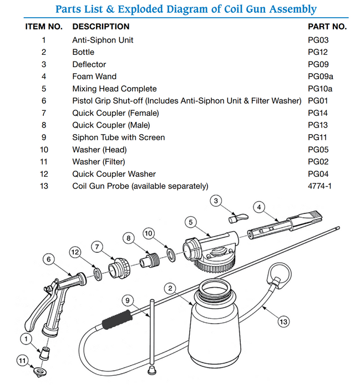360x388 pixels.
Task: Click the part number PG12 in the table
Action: click(x=318, y=52)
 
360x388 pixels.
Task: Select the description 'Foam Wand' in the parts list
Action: click(x=94, y=76)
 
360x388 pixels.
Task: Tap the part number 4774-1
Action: click(x=320, y=186)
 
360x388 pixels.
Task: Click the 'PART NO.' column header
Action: click(x=327, y=27)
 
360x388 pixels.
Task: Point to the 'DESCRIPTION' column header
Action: click(x=101, y=27)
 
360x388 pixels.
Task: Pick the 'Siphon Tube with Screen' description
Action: click(x=119, y=137)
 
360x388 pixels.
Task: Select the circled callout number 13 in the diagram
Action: click(x=283, y=320)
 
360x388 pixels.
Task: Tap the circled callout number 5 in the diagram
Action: click(x=190, y=223)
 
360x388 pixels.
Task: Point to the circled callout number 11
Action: click(x=22, y=361)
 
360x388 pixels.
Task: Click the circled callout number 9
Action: click(x=128, y=300)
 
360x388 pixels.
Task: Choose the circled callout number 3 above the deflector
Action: click(x=217, y=201)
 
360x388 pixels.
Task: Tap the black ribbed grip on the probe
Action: click(x=118, y=318)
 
